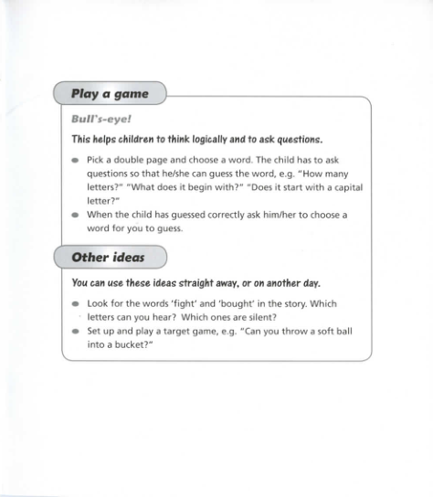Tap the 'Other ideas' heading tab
click(x=109, y=258)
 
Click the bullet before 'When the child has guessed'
click(x=75, y=215)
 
